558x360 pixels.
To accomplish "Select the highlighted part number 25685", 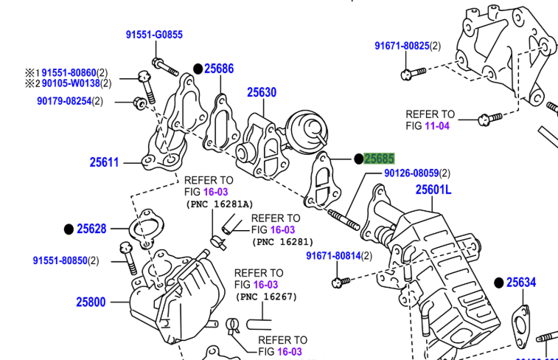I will coord(379,159).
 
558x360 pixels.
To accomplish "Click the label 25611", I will coord(105,162).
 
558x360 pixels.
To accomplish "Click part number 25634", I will coord(521,283).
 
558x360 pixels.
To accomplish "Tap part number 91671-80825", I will coord(402,46).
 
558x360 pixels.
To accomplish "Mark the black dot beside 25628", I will coord(69,229).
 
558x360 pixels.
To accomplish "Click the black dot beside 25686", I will coord(198,69).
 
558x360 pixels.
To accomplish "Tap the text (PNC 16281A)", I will coord(218,204).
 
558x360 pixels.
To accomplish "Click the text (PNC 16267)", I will coord(267,297).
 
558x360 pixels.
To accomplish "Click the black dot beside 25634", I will coord(498,283).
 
